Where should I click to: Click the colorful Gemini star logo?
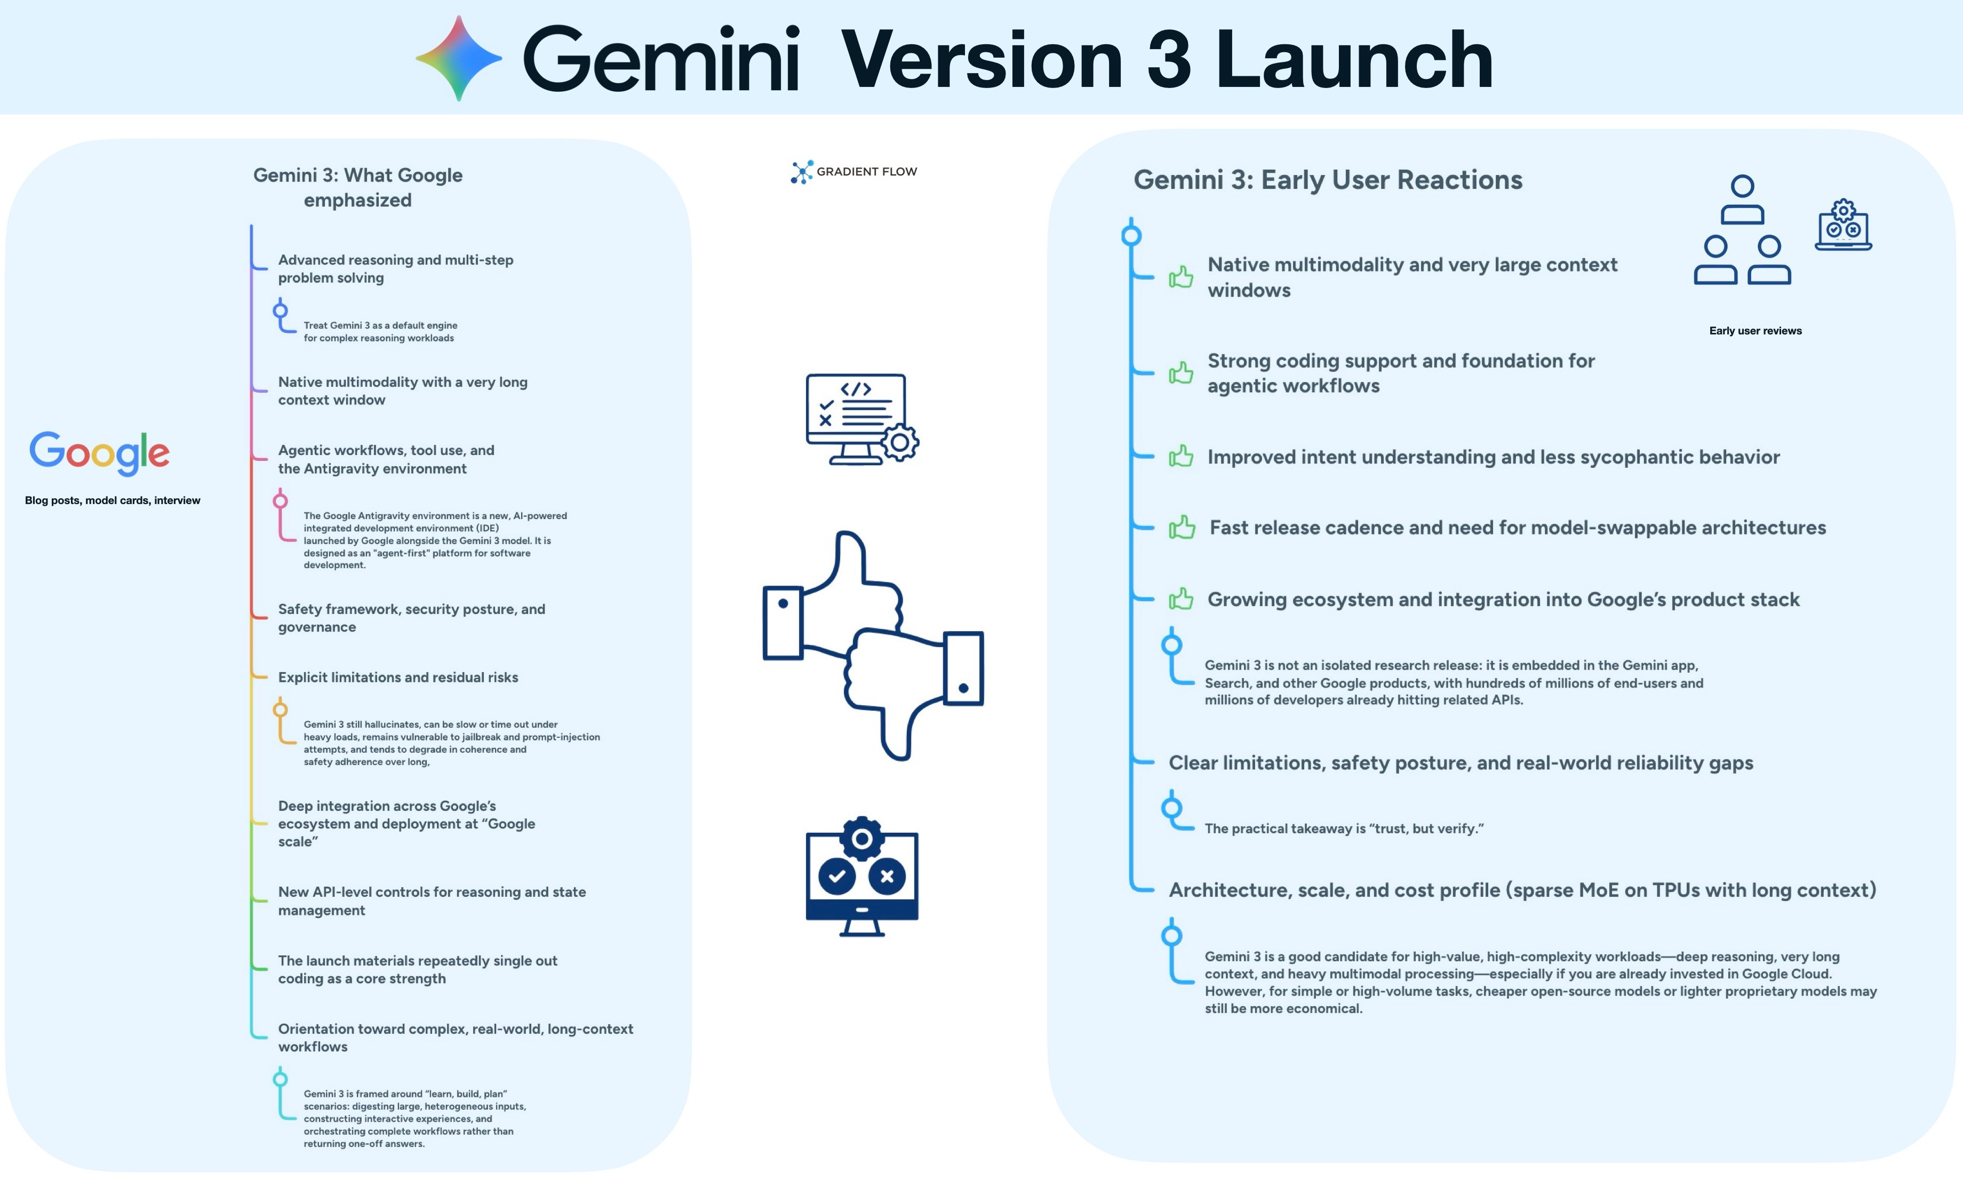point(459,58)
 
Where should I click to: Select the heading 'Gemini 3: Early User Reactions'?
point(1328,180)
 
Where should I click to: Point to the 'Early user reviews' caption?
point(1754,331)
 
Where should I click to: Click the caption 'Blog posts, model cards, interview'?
point(112,500)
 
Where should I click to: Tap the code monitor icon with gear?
point(861,419)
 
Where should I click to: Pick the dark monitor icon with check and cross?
point(862,877)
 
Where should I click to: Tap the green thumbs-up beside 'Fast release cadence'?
point(1182,527)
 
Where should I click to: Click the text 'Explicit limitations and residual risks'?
point(397,677)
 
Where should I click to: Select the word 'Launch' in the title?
point(1354,60)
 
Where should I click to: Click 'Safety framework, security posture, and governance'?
point(411,618)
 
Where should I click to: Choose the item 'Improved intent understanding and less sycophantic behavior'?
point(1493,457)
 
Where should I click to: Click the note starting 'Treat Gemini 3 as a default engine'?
point(379,332)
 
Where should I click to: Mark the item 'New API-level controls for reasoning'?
point(432,901)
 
